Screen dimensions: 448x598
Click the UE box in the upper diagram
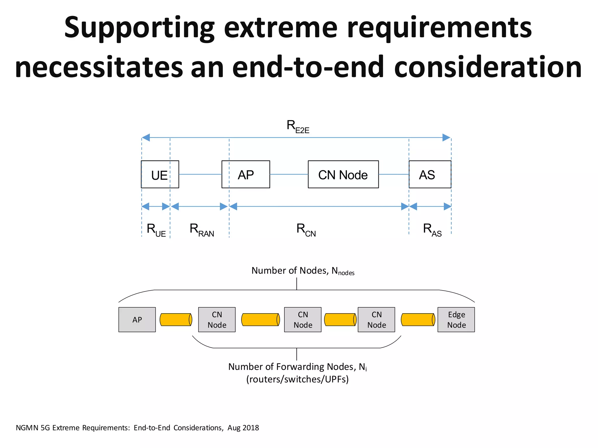tap(160, 174)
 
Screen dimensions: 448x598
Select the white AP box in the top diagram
tap(246, 174)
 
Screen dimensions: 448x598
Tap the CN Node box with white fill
tap(343, 174)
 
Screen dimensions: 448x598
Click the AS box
tap(430, 174)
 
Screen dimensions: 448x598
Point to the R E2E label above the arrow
tap(298, 127)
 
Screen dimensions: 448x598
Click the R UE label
tap(156, 230)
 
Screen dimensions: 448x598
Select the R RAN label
tap(202, 230)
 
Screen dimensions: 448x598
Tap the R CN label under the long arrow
tap(306, 230)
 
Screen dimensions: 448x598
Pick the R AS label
tap(432, 230)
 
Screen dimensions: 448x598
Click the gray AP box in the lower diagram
tap(137, 320)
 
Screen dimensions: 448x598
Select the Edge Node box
tap(456, 320)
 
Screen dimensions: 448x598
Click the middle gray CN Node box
tap(303, 320)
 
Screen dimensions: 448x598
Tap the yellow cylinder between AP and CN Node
tap(176, 320)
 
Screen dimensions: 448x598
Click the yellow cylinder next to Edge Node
tap(418, 320)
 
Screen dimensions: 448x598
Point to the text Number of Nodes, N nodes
tap(303, 271)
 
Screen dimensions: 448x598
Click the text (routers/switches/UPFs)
tap(298, 379)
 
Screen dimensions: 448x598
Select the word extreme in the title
tap(281, 28)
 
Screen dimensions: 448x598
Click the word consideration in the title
tap(488, 67)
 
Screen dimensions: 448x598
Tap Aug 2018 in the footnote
tap(243, 428)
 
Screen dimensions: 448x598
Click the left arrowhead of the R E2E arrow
tap(146, 138)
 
